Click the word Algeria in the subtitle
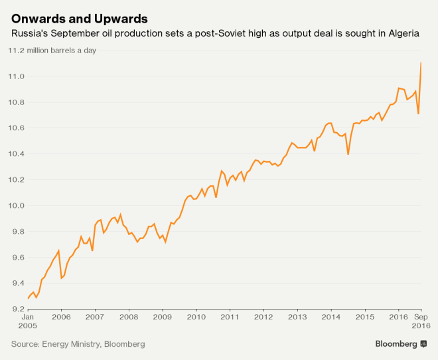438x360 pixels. (401, 33)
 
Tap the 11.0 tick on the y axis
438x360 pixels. (16, 77)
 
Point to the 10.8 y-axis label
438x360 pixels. (16, 103)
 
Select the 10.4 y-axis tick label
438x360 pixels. (16, 154)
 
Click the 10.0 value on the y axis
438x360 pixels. (16, 206)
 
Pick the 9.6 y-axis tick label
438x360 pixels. (16, 258)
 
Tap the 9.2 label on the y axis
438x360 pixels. (16, 309)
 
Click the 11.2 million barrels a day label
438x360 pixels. (57, 51)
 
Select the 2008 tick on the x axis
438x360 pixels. (129, 317)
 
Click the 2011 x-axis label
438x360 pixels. (230, 317)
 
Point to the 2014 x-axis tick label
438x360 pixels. (331, 317)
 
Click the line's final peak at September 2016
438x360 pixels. (421, 63)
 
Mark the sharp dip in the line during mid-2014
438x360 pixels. (348, 154)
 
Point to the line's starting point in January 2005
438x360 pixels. (29, 298)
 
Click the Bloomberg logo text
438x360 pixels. (396, 344)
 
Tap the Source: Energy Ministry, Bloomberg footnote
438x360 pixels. (78, 344)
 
